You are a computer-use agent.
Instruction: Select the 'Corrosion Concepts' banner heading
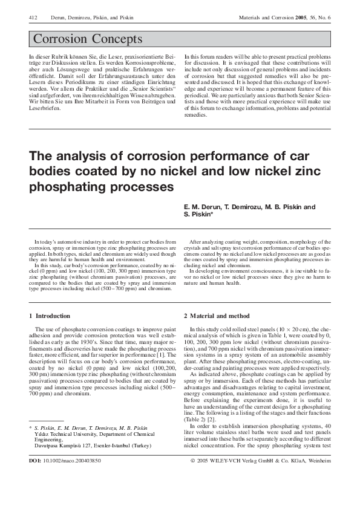click(x=88, y=40)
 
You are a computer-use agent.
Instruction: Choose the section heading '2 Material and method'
click(x=216, y=316)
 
